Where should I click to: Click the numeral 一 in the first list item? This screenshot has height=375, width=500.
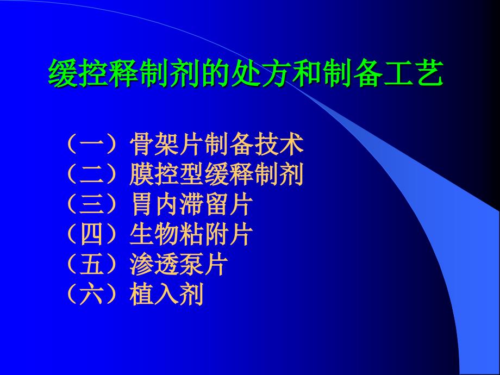coord(92,145)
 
